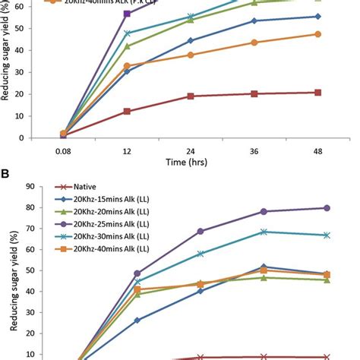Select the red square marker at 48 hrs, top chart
click(317, 93)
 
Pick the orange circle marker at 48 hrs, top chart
click(317, 34)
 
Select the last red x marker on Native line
click(327, 356)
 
